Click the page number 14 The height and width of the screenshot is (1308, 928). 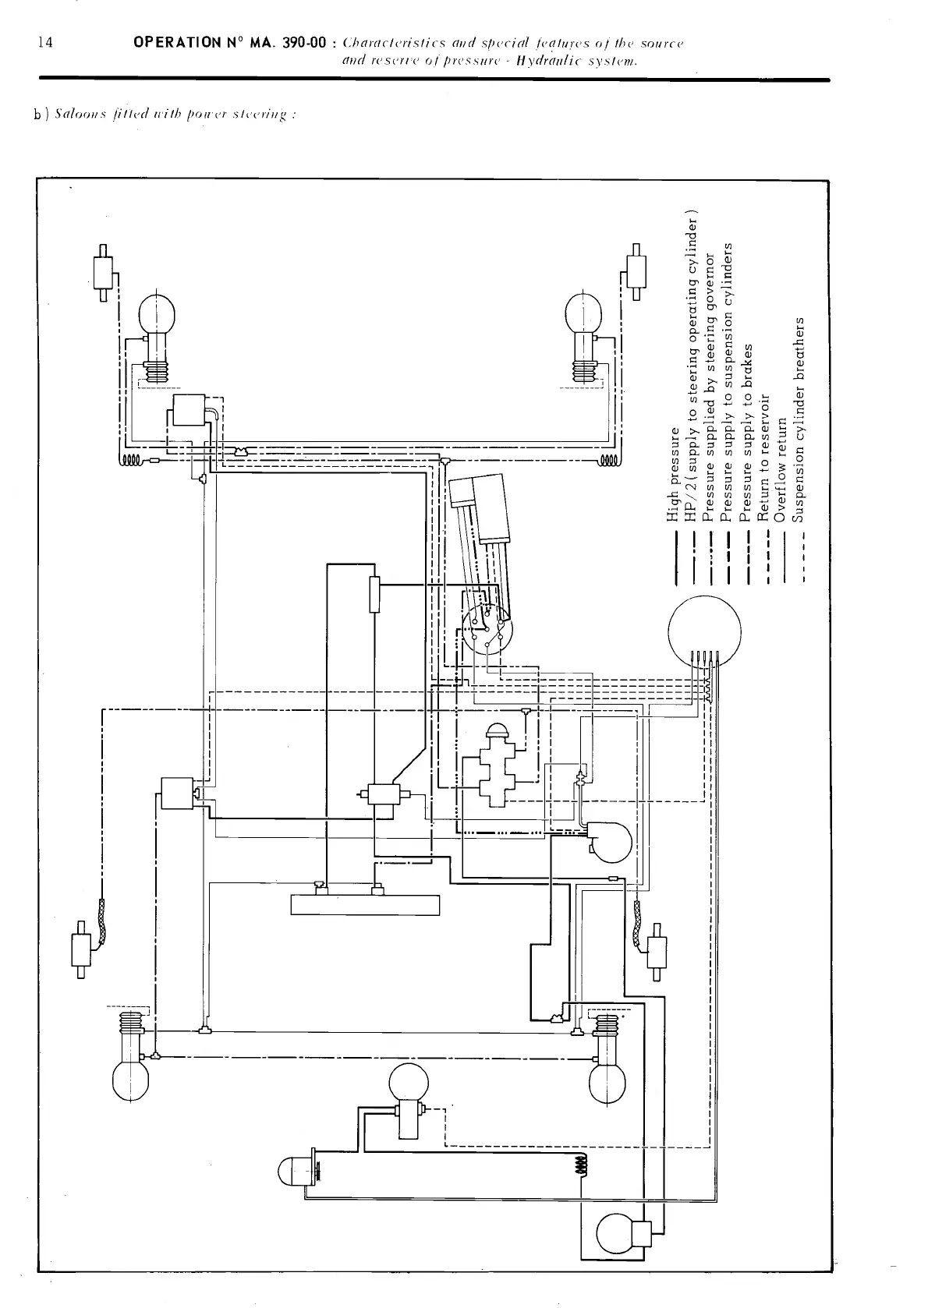[45, 43]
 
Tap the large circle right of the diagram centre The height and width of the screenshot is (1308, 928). [705, 631]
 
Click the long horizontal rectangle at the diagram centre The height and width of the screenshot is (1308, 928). [365, 905]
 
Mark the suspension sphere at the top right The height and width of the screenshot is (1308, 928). [583, 314]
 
